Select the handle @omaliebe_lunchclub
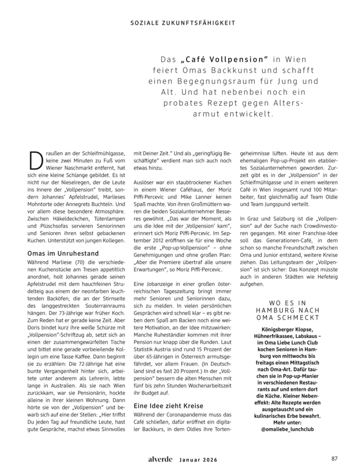pos(288,429)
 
